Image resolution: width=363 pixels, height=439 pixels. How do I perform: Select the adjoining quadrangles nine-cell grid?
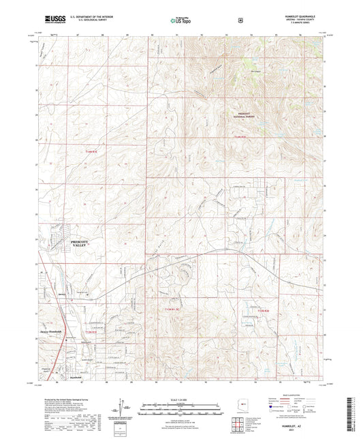pyautogui.click(x=238, y=427)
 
